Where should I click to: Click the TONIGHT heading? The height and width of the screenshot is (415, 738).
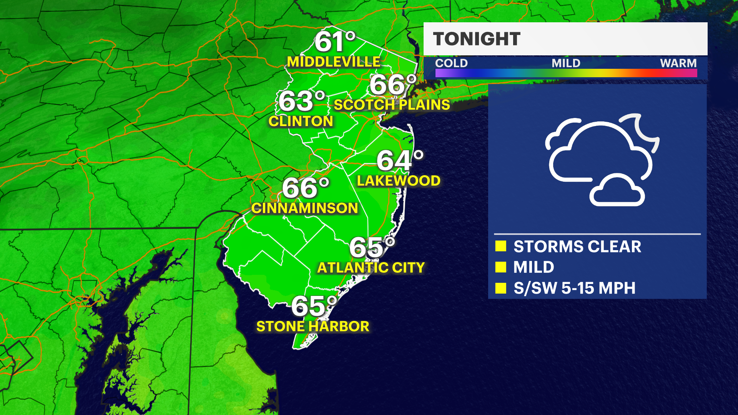(x=477, y=39)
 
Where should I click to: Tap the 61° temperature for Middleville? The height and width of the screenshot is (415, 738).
(x=335, y=41)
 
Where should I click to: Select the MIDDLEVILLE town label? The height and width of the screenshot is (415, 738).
(x=334, y=62)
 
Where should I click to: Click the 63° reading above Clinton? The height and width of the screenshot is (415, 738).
(x=302, y=101)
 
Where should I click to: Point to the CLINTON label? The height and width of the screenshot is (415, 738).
(x=301, y=121)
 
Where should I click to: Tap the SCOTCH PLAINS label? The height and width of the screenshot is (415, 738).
(x=392, y=105)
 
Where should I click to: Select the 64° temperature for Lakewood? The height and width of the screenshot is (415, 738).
(x=400, y=160)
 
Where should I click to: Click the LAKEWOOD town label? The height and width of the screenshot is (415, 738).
(x=399, y=181)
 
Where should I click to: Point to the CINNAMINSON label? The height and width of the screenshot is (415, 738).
(x=304, y=208)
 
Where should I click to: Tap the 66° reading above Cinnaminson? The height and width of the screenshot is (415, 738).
(x=306, y=188)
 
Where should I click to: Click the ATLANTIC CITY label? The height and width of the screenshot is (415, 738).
(x=371, y=267)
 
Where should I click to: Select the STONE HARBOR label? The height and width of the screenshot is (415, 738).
(x=312, y=327)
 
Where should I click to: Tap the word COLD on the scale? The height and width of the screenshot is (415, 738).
(x=451, y=63)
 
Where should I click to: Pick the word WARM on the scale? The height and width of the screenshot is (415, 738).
(x=678, y=63)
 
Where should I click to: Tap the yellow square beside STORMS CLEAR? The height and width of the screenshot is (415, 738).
(x=501, y=246)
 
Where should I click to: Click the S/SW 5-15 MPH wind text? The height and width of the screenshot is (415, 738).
(x=574, y=288)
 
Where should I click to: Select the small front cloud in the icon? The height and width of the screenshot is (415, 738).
(x=617, y=191)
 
